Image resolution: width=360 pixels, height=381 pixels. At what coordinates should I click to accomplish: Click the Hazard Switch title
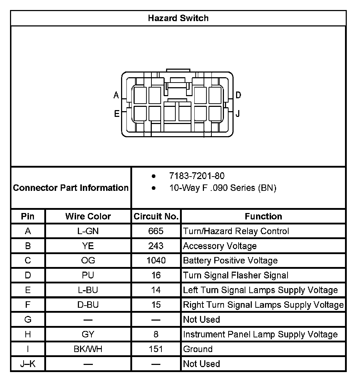(178, 18)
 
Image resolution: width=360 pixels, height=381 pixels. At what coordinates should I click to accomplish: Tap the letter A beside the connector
(116, 95)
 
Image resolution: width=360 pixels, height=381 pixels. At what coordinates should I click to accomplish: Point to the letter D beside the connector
(239, 95)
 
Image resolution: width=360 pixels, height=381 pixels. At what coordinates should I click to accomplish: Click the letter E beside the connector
(116, 114)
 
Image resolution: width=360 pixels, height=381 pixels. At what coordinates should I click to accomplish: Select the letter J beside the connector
(238, 114)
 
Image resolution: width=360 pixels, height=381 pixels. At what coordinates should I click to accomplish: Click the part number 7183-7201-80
(197, 176)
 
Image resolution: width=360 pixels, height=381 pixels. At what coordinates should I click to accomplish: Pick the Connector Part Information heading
(71, 188)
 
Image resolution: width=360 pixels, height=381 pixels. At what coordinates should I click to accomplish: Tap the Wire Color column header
(88, 216)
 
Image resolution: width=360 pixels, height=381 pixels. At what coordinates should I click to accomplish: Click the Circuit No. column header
(156, 216)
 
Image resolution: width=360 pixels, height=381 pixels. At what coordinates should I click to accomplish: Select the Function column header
(263, 216)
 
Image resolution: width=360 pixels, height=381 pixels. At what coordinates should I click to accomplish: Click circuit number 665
(156, 231)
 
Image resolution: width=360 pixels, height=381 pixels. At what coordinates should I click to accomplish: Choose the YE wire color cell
(88, 246)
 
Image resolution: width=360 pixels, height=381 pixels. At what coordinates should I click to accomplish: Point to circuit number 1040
(156, 261)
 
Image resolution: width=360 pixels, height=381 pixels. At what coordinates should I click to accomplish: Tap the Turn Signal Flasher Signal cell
(236, 275)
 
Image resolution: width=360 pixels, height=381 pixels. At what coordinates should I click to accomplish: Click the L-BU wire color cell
(88, 290)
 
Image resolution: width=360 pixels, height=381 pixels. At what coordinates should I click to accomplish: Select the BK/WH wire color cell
(88, 349)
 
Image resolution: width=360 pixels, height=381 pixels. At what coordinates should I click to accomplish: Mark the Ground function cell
(198, 349)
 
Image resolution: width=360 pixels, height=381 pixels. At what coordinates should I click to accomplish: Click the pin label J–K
(28, 364)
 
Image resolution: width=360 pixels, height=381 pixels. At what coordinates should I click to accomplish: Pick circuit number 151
(156, 349)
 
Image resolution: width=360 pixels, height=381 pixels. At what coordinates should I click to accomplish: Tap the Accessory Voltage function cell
(220, 246)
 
